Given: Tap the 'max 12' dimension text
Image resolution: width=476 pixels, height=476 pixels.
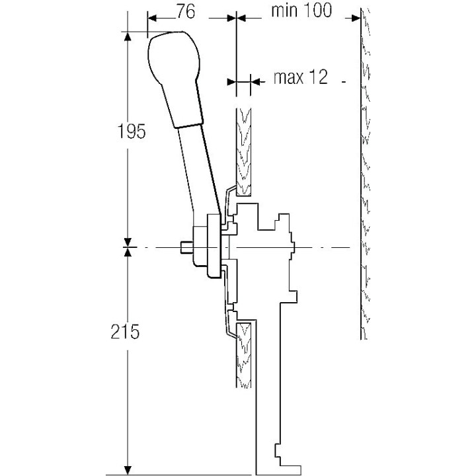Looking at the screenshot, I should [301, 78].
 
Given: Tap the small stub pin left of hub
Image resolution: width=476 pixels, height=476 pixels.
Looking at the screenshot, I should [186, 248].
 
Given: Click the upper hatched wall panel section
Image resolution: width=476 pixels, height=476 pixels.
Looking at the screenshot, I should [243, 152].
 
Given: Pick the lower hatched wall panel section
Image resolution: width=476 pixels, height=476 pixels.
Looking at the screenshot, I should [243, 354].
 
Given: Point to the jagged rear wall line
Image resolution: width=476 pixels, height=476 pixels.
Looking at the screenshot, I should [364, 172].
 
